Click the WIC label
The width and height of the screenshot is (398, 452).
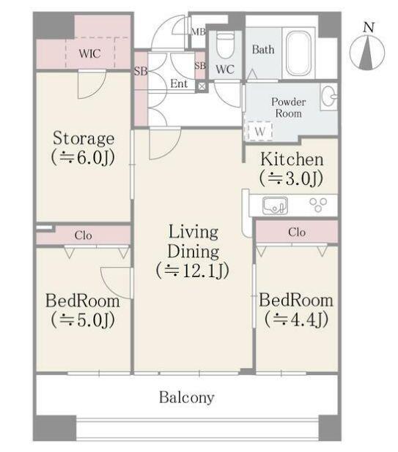[x=89, y=53]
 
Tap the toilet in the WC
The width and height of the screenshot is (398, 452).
[x=225, y=45]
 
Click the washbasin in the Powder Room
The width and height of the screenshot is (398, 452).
[x=328, y=97]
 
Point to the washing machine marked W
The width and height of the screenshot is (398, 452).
[x=259, y=132]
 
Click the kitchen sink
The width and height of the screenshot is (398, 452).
[x=275, y=206]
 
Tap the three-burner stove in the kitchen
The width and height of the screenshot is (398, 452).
[x=318, y=204]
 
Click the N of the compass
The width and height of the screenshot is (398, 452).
[x=369, y=27]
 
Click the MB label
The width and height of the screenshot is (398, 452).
[x=199, y=31]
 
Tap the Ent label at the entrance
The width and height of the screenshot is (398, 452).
[x=179, y=83]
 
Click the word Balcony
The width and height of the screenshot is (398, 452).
[x=187, y=398]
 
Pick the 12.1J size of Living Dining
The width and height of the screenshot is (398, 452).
[x=193, y=271]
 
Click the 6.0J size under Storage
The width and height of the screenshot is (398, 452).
[x=83, y=158]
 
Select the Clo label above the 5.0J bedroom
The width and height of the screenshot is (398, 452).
[x=83, y=236]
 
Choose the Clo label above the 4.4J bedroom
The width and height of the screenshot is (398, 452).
[x=297, y=232]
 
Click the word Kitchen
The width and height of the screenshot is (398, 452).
[x=292, y=159]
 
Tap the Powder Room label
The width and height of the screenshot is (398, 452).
[x=288, y=108]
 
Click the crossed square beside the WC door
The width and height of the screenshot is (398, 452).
[x=202, y=86]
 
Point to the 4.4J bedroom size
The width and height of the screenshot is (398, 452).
[x=296, y=320]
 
